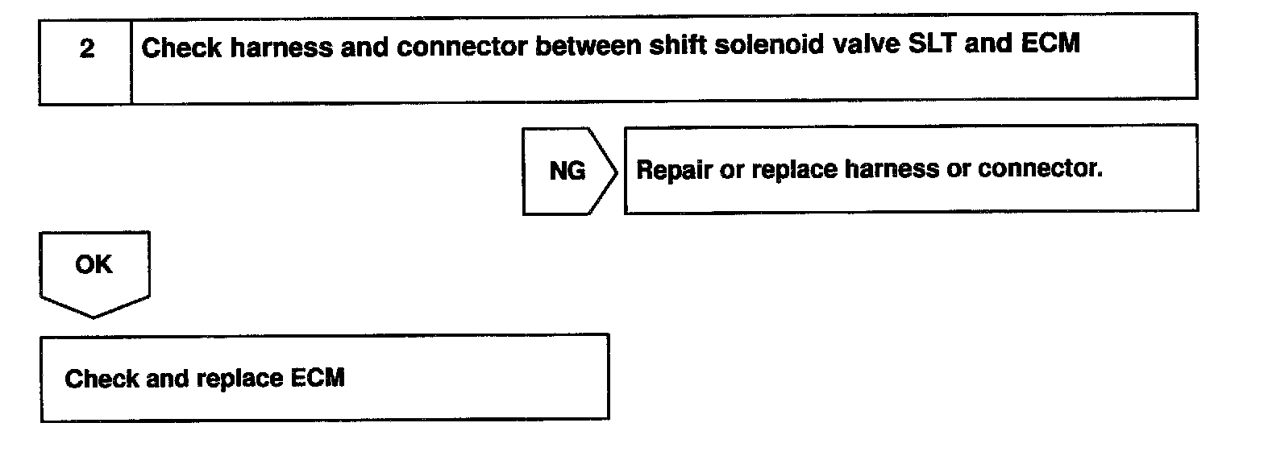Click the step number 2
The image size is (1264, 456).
pyautogui.click(x=85, y=49)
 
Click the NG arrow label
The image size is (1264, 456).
pyautogui.click(x=567, y=171)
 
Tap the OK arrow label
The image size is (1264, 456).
pyautogui.click(x=94, y=265)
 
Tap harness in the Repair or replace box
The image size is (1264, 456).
pyautogui.click(x=890, y=170)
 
